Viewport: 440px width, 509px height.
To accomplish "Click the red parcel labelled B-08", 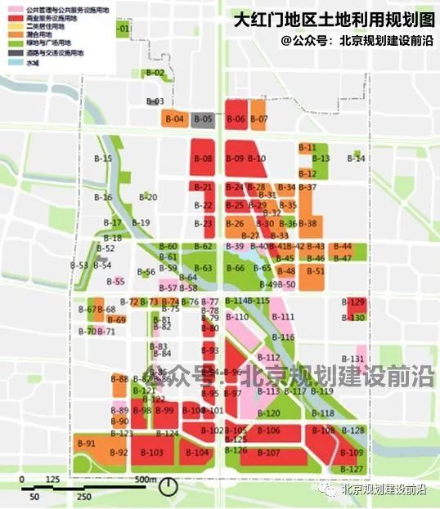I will point(203,158).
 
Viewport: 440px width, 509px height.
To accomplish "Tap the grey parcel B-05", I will point(204,119).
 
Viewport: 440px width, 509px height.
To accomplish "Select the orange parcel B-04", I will point(174,119).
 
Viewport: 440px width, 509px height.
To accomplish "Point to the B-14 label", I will point(356,158).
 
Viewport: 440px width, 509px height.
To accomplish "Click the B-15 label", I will point(102,159).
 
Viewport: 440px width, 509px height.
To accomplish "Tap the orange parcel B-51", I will point(317,271).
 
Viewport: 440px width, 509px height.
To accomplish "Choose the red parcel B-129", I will point(356,303).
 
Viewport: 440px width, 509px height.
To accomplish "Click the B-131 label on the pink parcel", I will point(352,359).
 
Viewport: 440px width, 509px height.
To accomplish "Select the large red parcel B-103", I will point(152,452).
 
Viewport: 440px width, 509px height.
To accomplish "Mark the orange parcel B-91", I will point(86,444).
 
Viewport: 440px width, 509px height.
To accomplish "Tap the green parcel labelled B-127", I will point(351,469).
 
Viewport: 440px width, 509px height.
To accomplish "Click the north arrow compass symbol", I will point(168,486).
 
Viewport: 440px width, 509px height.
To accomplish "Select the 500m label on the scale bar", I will point(146,479).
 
